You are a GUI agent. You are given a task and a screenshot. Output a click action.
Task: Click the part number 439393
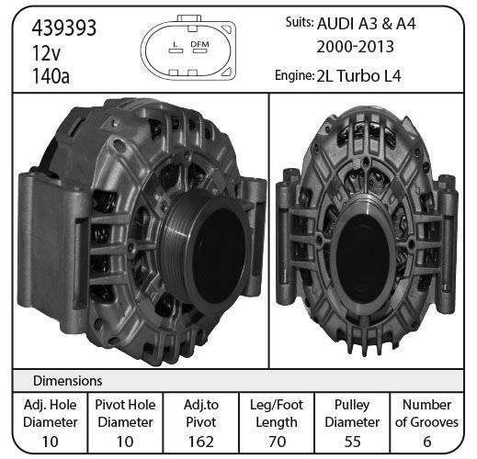tap(64, 28)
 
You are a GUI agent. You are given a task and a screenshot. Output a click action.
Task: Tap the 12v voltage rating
tap(46, 52)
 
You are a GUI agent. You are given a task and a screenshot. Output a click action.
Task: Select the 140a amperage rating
tap(51, 76)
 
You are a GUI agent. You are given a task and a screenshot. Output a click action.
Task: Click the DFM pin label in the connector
tap(199, 44)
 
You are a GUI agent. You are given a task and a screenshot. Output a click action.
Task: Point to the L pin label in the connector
tap(176, 44)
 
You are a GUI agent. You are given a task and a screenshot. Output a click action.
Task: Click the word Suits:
tap(300, 22)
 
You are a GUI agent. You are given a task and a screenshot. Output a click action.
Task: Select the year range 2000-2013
tap(355, 47)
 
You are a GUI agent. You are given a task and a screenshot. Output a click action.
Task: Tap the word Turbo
tap(358, 76)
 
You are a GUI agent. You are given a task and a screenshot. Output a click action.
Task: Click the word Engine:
tap(294, 75)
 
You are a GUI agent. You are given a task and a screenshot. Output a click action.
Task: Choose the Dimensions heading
tap(67, 381)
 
